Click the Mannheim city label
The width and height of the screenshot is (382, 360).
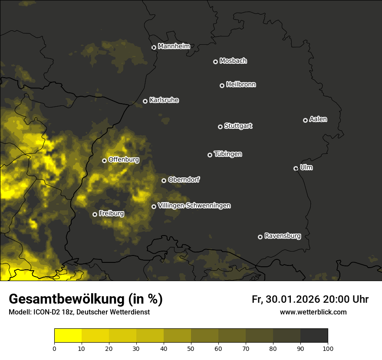(x=174, y=46)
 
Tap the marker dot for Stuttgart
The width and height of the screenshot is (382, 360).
(x=220, y=127)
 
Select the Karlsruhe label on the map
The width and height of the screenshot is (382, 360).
(x=164, y=100)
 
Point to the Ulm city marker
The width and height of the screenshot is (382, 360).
(x=296, y=168)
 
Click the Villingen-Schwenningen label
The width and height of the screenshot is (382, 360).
(x=194, y=206)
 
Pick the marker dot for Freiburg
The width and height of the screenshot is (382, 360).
(x=95, y=214)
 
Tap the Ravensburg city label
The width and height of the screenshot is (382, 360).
(x=282, y=236)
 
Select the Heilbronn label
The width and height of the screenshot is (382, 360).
(x=241, y=85)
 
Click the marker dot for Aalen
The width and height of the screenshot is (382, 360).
(x=305, y=120)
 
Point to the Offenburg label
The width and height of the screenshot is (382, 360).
(x=124, y=160)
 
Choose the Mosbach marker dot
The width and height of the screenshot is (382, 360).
(x=215, y=62)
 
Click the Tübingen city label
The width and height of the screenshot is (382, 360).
(x=228, y=154)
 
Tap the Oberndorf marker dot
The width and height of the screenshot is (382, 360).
(x=164, y=180)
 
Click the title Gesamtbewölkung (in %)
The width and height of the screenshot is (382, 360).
(x=86, y=299)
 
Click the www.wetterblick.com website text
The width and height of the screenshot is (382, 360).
(x=313, y=312)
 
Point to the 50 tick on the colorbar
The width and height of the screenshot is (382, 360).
(x=191, y=348)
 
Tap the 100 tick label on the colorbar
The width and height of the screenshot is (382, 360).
(x=328, y=348)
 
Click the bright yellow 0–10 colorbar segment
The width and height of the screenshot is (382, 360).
(x=68, y=336)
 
